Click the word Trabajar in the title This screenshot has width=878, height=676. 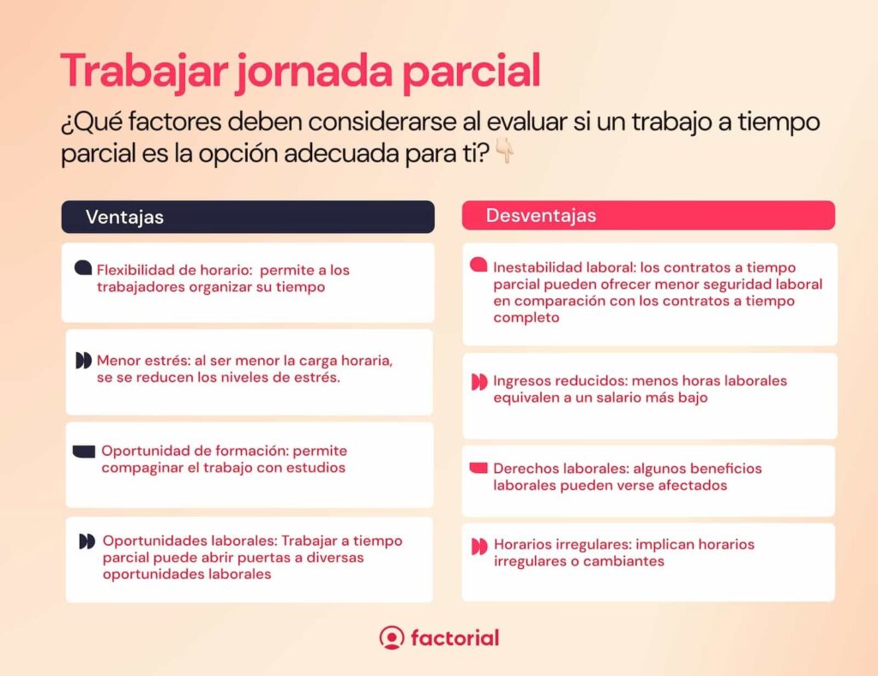tap(144, 70)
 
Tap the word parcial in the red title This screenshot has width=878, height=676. tap(472, 72)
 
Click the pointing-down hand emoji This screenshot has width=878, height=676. tap(505, 151)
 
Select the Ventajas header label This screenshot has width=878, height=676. tap(124, 217)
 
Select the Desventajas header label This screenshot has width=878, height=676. tap(541, 215)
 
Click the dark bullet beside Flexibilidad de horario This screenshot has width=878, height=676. tap(83, 268)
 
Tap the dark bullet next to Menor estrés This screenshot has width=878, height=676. tap(83, 361)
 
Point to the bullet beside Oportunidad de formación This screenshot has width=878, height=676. tap(84, 452)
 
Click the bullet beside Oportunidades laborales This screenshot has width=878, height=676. tap(87, 541)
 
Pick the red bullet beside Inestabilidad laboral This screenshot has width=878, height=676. tap(478, 265)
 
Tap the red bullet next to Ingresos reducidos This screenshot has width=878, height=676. tap(479, 382)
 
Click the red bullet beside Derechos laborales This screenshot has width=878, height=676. tap(478, 468)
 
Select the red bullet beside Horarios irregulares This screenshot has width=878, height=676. tap(479, 546)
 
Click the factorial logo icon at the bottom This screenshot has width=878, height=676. tap(391, 637)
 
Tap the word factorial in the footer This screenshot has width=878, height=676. tap(454, 638)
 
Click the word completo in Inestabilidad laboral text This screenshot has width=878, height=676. tap(526, 318)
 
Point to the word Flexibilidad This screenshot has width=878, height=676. tap(132, 270)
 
